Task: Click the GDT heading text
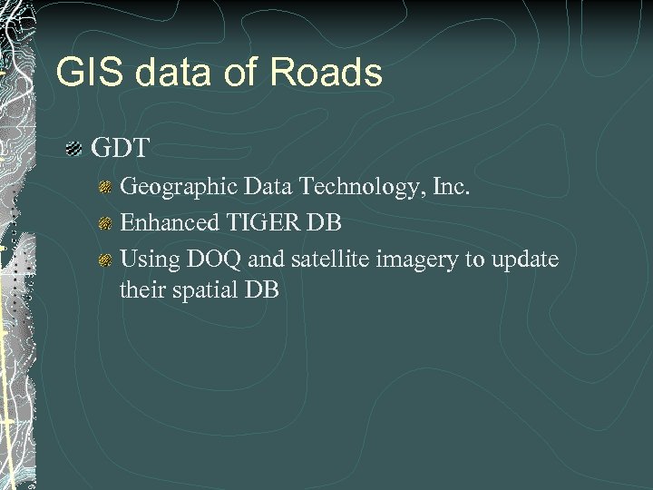121,148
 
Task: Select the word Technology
347,187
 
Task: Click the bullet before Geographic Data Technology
105,187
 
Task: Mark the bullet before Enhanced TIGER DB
105,223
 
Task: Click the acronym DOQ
208,260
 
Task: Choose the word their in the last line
141,290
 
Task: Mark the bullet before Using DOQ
105,260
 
